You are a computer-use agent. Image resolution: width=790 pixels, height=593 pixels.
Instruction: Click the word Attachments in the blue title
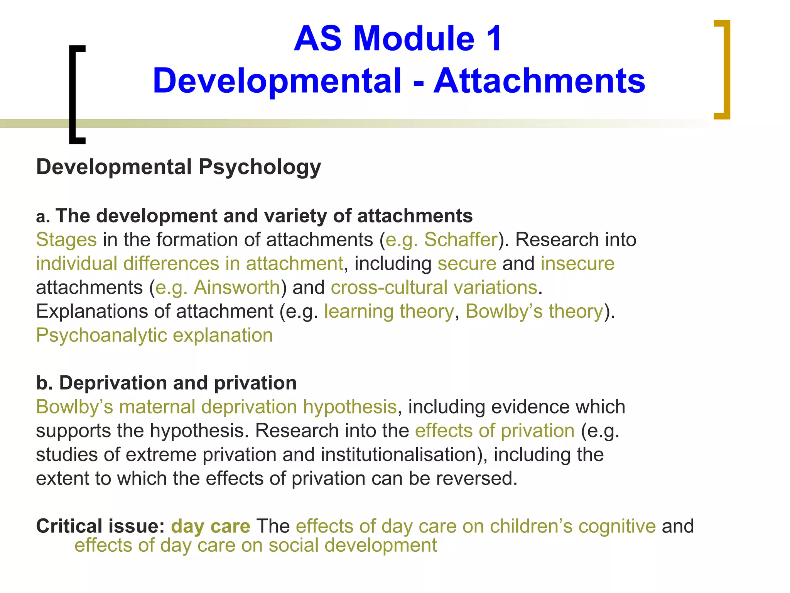[x=539, y=81]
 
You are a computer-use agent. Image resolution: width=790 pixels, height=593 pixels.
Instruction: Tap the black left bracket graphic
[x=74, y=95]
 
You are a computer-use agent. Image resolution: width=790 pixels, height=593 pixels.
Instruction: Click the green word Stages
[x=66, y=240]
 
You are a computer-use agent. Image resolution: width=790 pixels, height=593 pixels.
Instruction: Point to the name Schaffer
[x=461, y=240]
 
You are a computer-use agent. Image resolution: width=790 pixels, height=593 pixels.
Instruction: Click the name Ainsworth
[x=237, y=288]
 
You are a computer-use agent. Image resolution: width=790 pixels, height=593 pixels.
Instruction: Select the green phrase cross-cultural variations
[x=434, y=288]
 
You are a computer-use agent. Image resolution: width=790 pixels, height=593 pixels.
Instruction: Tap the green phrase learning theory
[x=389, y=312]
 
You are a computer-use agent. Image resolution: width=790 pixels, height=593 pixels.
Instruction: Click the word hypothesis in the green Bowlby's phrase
[x=349, y=407]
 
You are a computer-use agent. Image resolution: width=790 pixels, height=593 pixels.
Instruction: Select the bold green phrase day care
[x=211, y=526]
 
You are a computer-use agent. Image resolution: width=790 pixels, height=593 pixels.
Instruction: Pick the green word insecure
[x=577, y=264]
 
